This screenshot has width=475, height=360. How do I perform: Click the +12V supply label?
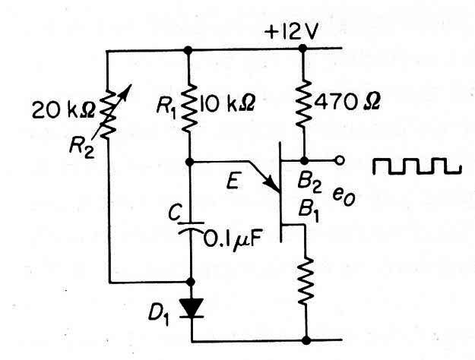[292, 32]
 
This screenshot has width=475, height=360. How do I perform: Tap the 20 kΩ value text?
[63, 109]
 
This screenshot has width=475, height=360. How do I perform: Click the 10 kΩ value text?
[227, 104]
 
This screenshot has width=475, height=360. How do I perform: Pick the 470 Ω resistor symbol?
[303, 103]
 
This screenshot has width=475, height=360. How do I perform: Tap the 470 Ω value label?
[347, 102]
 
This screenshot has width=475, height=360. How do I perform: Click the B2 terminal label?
[309, 184]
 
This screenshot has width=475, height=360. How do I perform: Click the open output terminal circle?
[340, 160]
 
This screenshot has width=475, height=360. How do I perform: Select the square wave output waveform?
[417, 166]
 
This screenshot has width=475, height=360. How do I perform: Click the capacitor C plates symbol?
[191, 227]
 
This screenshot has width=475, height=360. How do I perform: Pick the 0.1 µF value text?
[232, 240]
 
